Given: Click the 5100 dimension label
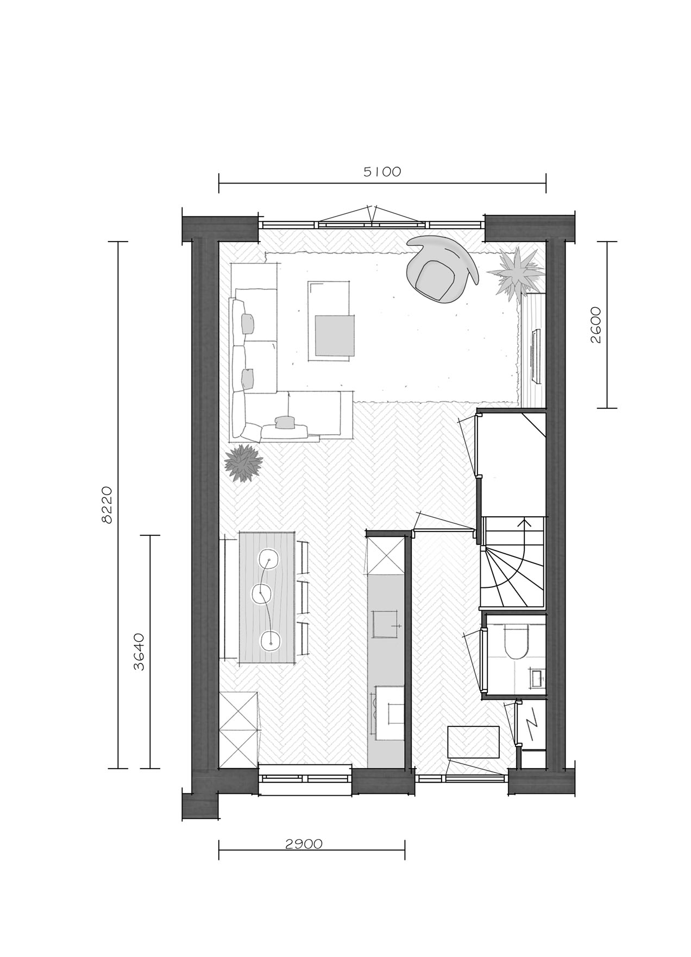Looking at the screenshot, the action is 382,172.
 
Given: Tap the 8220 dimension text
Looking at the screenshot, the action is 107,505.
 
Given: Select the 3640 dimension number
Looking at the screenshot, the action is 140,651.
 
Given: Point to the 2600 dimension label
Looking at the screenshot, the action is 596,325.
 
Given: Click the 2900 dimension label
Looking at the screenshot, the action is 304,844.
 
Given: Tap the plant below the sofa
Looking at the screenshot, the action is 244,462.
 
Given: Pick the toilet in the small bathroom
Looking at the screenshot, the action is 514,640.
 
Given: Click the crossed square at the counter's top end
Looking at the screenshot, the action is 386,555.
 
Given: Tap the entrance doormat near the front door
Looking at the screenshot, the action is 473,742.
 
